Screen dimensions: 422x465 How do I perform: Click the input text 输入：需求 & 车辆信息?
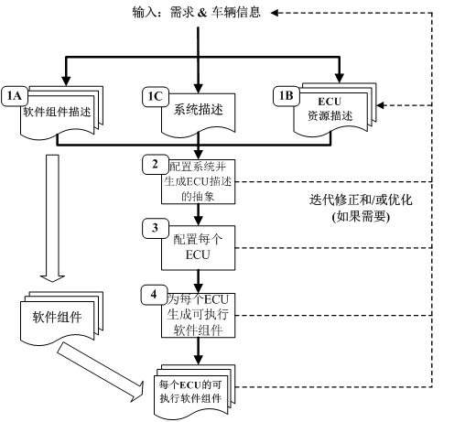click(x=198, y=12)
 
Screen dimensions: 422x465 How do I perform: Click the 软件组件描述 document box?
click(x=59, y=115)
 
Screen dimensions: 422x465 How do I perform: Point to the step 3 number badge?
click(x=156, y=226)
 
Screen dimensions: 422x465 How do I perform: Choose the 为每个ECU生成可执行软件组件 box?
click(x=197, y=314)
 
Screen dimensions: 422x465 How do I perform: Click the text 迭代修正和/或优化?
click(x=351, y=199)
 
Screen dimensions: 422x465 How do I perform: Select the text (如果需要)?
click(x=351, y=217)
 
